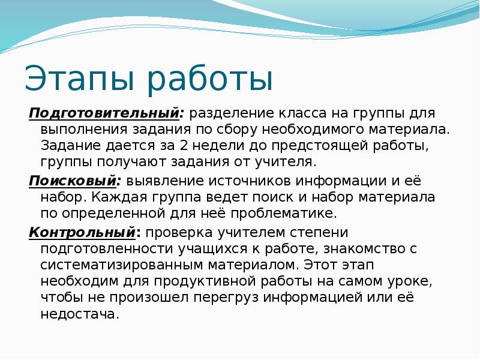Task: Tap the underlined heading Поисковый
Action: pos(73,181)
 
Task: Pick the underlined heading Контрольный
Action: pos(81,232)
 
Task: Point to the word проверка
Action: pos(178,232)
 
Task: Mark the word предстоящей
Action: pos(316,146)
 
